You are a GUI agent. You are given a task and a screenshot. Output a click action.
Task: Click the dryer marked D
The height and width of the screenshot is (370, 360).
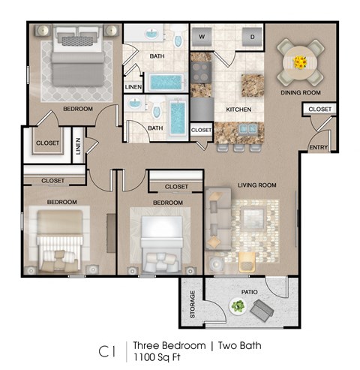coord(252,36)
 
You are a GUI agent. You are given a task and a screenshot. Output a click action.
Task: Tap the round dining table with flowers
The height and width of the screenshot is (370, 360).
coord(301,62)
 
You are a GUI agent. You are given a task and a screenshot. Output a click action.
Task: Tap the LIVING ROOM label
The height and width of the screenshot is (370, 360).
coord(257,185)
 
